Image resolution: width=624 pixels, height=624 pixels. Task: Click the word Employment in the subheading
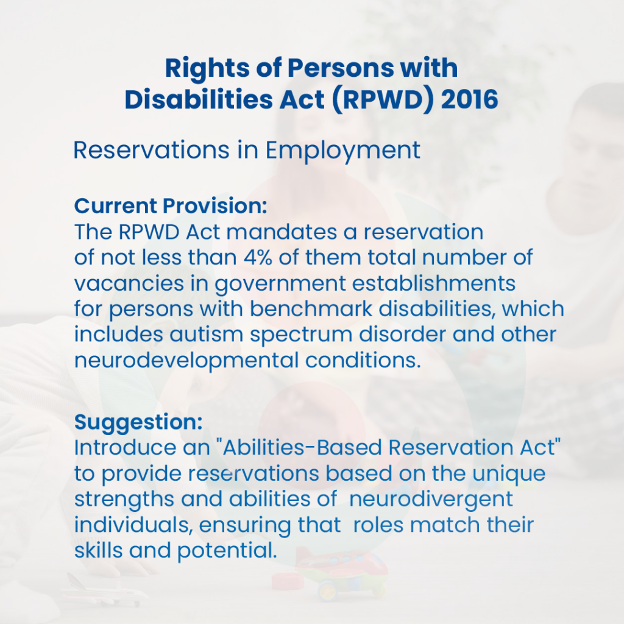click(x=342, y=151)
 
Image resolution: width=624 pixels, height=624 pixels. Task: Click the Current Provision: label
click(x=171, y=206)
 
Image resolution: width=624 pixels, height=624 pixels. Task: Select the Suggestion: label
click(x=138, y=423)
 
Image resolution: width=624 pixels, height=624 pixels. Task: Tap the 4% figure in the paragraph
click(x=258, y=257)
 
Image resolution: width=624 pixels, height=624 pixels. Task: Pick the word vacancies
click(x=129, y=283)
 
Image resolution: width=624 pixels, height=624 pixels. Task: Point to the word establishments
click(x=434, y=283)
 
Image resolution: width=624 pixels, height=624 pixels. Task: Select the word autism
click(x=206, y=335)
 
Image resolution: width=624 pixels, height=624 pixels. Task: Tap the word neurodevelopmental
click(x=186, y=361)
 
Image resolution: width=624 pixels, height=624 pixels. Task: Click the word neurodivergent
click(x=431, y=500)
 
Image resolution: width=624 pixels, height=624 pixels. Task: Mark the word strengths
click(x=124, y=500)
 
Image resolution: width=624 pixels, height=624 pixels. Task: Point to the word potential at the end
click(x=227, y=551)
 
